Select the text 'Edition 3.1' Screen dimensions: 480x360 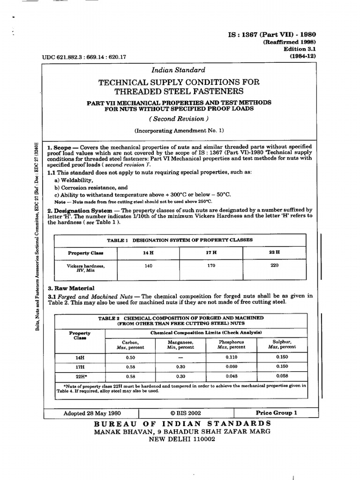[x=300, y=49]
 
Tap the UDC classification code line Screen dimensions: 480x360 [x=84, y=57]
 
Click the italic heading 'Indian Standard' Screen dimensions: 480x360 [x=179, y=70]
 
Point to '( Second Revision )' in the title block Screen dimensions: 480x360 [x=179, y=119]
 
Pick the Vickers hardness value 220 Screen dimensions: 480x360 [x=275, y=265]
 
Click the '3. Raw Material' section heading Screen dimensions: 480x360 [x=71, y=288]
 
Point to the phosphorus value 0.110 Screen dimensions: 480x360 [x=231, y=357]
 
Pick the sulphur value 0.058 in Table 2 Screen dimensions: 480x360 [x=282, y=376]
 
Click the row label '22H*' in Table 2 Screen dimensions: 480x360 [x=80, y=376]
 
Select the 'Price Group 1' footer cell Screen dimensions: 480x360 [x=276, y=413]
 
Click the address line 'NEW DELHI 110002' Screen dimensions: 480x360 [x=182, y=439]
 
